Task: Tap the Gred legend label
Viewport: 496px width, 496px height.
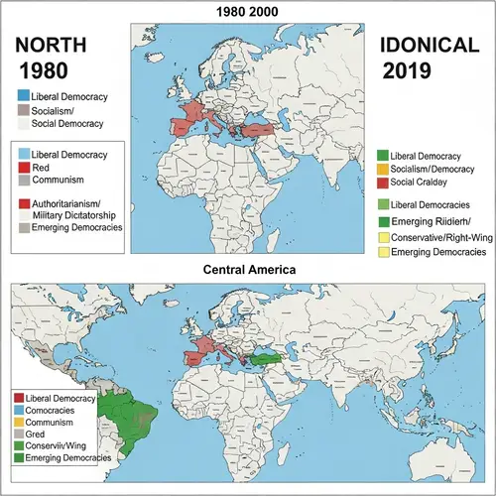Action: [37, 434]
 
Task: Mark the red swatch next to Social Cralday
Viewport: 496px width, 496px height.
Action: [383, 184]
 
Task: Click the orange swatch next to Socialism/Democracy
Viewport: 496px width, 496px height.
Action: [383, 170]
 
